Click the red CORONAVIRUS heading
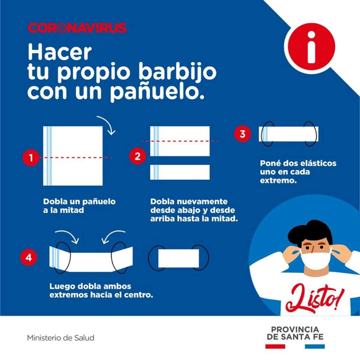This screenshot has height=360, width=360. pos(77,28)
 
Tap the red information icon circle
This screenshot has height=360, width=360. pos(311,47)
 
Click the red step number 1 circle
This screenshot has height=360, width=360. pos(31,157)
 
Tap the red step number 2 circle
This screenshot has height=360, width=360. pos(138,156)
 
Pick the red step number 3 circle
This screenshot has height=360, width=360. pos(242,134)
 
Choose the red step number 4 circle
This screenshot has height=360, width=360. pos(28,258)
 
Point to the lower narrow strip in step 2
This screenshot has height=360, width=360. pos(180,172)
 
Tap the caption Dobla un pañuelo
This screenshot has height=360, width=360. pos(79,202)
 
